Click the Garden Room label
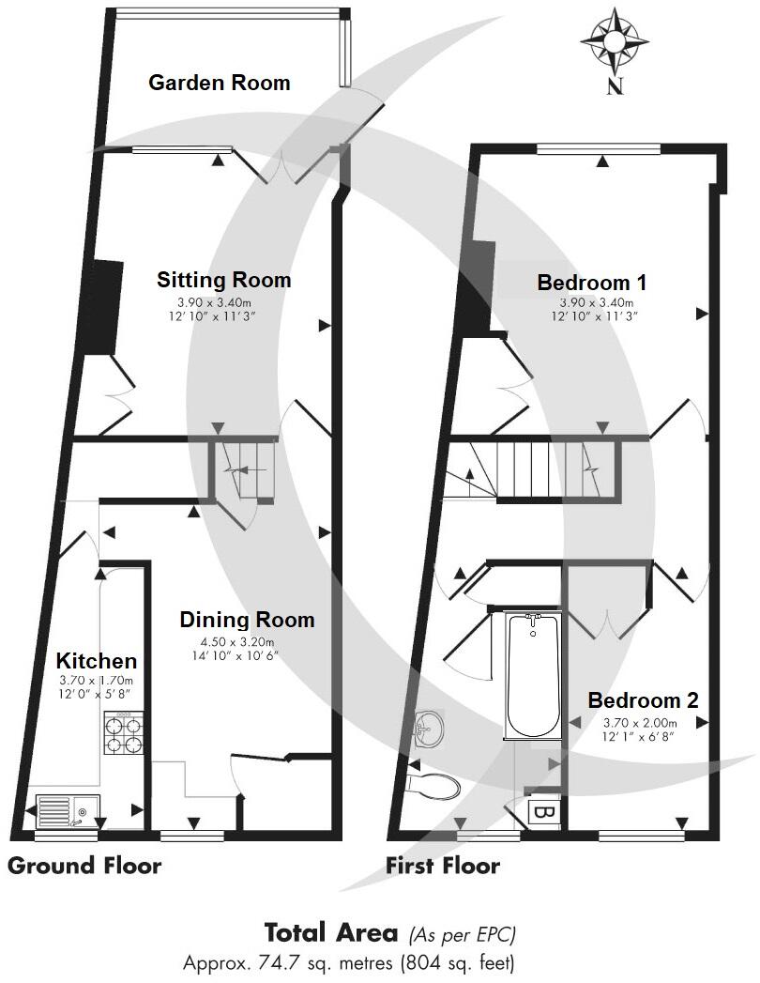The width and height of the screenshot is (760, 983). [x=220, y=83]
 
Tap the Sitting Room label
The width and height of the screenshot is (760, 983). [x=223, y=280]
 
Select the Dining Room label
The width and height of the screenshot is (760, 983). [x=247, y=620]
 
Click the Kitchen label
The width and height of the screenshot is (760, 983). [x=96, y=661]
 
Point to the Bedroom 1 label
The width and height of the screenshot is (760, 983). [x=591, y=283]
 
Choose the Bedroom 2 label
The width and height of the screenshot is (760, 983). [x=643, y=700]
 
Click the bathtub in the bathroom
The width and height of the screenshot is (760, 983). [x=532, y=676]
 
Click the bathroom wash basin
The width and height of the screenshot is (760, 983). [x=429, y=729]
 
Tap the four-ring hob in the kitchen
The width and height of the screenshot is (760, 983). [x=124, y=735]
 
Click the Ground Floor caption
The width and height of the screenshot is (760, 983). [x=84, y=866]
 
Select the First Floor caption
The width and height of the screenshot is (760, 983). [x=443, y=866]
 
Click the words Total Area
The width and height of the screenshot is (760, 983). [x=332, y=933]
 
